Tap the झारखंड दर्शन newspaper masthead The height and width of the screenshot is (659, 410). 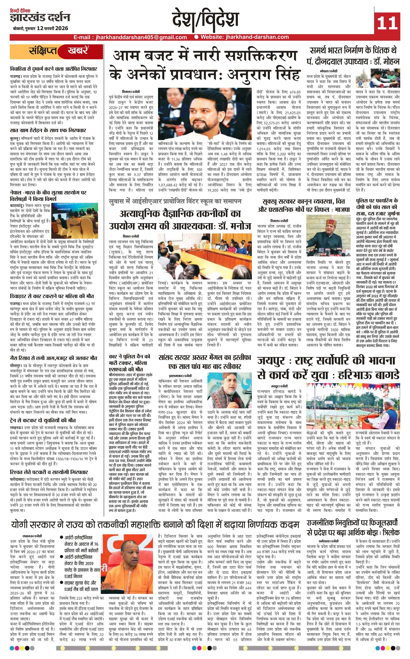40,18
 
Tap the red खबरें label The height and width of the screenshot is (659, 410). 77,51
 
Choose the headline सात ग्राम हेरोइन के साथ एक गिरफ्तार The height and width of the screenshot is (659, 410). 48,130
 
